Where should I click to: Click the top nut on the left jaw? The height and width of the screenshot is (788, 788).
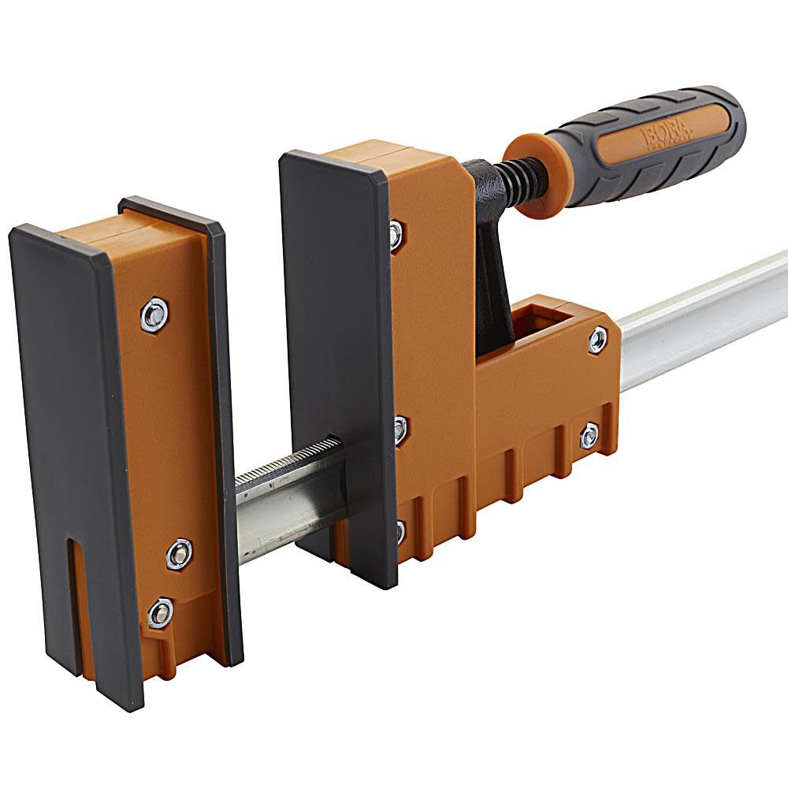154,314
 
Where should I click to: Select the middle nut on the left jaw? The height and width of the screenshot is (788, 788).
180,554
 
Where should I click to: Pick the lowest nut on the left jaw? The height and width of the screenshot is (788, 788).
161,612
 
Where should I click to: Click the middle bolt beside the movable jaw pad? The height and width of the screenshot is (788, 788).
400,429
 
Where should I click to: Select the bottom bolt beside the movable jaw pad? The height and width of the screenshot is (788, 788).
400,530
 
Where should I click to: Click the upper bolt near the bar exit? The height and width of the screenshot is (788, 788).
598,340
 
